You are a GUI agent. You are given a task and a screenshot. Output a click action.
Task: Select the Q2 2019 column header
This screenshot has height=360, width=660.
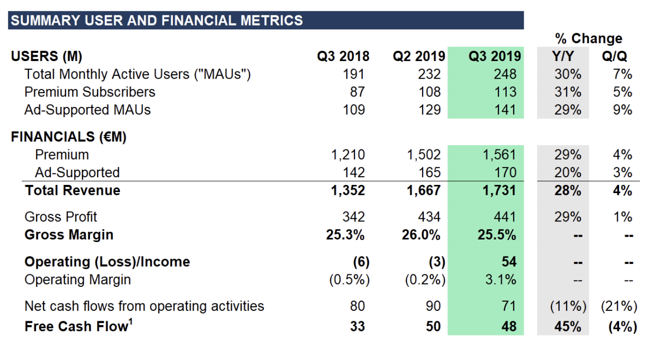pos(419,56)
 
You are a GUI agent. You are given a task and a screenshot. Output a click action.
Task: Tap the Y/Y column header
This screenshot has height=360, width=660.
pos(563,56)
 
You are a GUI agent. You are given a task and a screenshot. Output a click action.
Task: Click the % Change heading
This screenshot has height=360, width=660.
pos(589,39)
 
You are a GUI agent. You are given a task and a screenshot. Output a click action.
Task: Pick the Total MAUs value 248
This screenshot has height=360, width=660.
pos(506,74)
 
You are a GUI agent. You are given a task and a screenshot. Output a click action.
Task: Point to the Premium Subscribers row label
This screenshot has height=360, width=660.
pos(90,92)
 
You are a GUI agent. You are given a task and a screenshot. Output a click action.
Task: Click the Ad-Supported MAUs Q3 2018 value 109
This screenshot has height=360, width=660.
pos(354,110)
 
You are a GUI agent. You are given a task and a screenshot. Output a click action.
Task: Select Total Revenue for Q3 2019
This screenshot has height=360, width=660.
pos(500,190)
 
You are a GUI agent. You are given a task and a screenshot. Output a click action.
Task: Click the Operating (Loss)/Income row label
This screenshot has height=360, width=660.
pos(107,261)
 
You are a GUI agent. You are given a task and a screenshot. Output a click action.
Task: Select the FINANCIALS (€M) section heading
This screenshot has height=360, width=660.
pos(69,137)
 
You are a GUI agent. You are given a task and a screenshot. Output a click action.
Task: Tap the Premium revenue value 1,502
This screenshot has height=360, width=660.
pos(423,155)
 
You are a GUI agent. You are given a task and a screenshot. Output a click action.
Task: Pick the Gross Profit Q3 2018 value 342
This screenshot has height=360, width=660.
pos(353,217)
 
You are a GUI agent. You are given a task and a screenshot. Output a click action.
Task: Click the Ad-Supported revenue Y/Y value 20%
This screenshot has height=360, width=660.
pos(568,172)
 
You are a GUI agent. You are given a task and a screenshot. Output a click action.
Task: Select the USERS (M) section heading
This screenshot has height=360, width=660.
pos(46,56)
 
